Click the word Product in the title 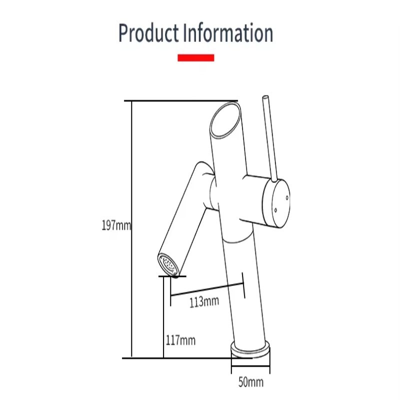point(148,33)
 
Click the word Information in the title point(228,33)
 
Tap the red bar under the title point(196,58)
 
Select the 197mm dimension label point(116,225)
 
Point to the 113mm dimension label point(204,301)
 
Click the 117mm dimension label point(180,341)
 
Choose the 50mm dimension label point(250,383)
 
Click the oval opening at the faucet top point(223,120)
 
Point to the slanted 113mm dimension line point(207,289)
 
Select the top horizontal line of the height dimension point(180,100)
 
